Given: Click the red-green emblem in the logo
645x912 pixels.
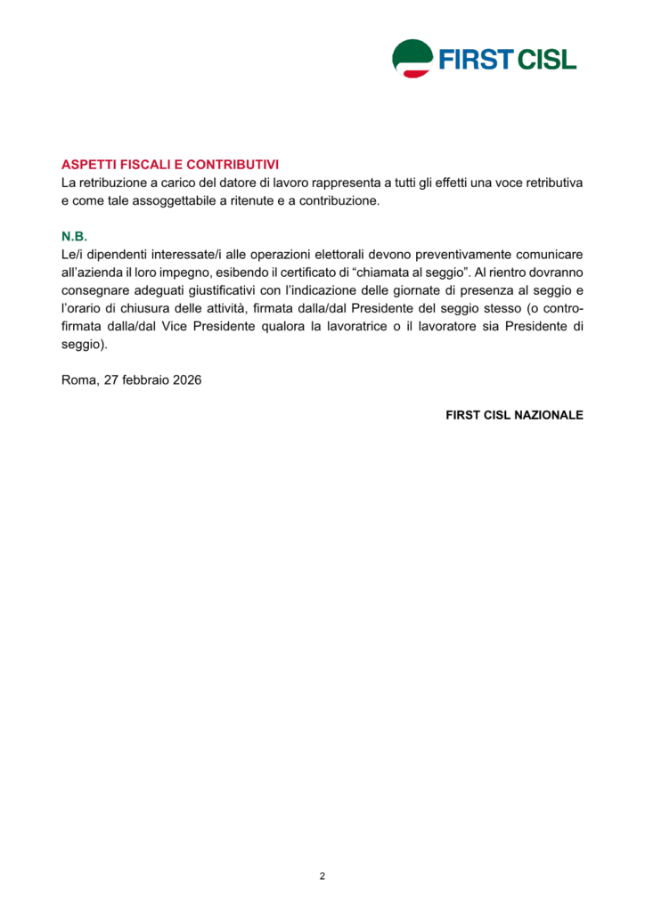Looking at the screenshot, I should pyautogui.click(x=412, y=59).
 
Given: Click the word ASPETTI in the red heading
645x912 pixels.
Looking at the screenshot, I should pyautogui.click(x=88, y=165).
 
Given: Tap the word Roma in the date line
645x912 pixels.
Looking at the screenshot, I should pyautogui.click(x=78, y=379).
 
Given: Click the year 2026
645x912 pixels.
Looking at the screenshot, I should pyautogui.click(x=187, y=379).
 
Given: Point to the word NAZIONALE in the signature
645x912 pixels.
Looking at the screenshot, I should pyautogui.click(x=549, y=415).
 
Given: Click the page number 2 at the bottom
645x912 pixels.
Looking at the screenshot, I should pyautogui.click(x=322, y=876).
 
